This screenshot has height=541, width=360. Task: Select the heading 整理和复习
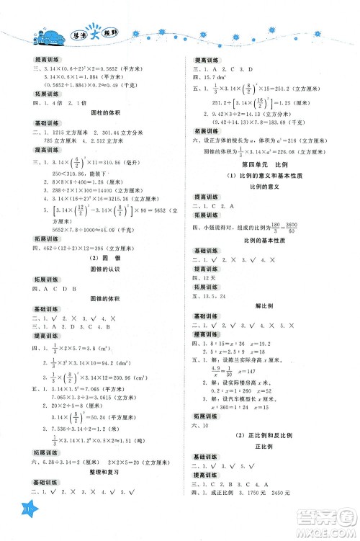97,491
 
